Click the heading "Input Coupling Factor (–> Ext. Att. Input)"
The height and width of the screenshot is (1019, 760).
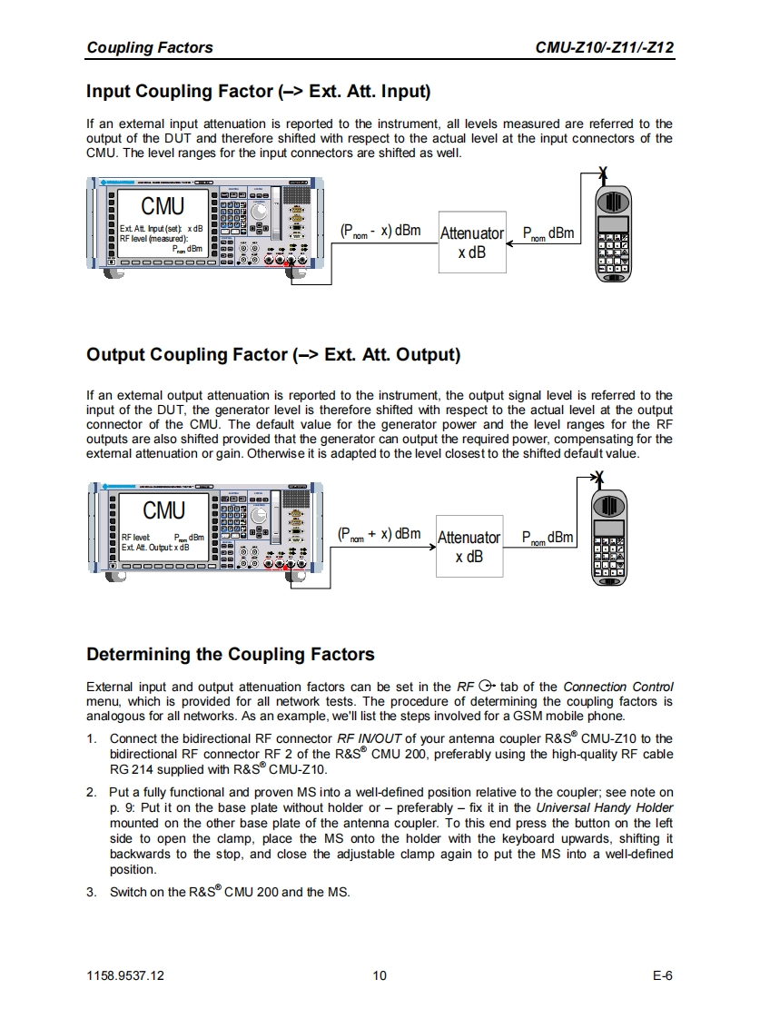pyautogui.click(x=258, y=92)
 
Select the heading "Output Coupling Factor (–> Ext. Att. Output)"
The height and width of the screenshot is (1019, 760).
pyautogui.click(x=273, y=354)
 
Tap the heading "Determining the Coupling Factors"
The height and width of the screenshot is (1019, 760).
pyautogui.click(x=230, y=654)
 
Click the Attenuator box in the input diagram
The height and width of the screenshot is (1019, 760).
pyautogui.click(x=471, y=242)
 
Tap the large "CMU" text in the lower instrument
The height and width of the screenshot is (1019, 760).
pyautogui.click(x=163, y=510)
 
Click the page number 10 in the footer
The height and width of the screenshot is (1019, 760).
pyautogui.click(x=380, y=975)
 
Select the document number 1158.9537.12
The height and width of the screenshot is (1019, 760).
pyautogui.click(x=125, y=975)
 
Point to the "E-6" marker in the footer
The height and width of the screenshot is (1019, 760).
pyautogui.click(x=662, y=975)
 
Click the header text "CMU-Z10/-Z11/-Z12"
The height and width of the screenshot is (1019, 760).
pyautogui.click(x=606, y=48)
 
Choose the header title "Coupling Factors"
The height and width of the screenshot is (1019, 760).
pyautogui.click(x=150, y=48)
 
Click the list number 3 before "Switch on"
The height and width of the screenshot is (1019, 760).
pyautogui.click(x=91, y=892)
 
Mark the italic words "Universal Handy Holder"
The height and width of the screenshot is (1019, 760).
pyautogui.click(x=604, y=807)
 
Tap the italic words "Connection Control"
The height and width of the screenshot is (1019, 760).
pyautogui.click(x=618, y=687)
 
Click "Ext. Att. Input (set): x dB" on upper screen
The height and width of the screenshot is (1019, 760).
pyautogui.click(x=161, y=228)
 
